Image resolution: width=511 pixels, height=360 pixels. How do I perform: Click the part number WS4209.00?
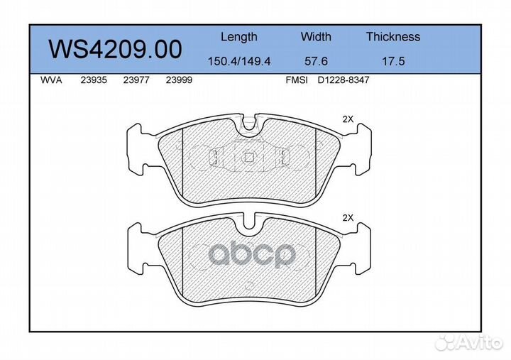click(115, 49)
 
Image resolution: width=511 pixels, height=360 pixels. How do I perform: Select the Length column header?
click(239, 37)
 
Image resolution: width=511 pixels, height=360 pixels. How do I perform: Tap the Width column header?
click(316, 36)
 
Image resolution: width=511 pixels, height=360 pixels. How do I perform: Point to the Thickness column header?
click(393, 36)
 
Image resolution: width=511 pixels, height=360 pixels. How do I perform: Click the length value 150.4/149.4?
click(239, 61)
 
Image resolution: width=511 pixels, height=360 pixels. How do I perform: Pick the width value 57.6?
click(316, 61)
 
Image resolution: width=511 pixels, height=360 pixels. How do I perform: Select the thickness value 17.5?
click(393, 61)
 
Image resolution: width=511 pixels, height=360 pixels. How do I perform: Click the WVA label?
click(51, 80)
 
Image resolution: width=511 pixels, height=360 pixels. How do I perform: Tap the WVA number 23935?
click(94, 80)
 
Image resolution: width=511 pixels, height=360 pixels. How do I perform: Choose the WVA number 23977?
click(136, 80)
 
